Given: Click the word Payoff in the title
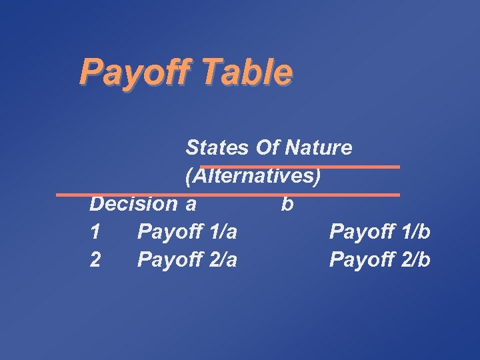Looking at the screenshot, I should click(127, 72).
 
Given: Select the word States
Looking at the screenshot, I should click(217, 147).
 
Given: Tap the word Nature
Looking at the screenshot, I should click(318, 147).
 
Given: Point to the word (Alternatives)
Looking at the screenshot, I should click(253, 176).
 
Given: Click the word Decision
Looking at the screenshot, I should click(133, 203).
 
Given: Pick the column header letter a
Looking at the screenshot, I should click(191, 204).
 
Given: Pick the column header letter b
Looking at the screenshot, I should click(287, 203).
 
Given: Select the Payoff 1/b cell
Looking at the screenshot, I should click(379, 232).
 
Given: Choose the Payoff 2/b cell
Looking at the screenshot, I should click(379, 259).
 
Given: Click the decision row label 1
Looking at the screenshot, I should click(95, 232).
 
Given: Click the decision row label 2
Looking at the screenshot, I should click(95, 259).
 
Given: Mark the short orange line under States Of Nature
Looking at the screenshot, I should click(300, 167).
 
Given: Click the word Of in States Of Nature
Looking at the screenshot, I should click(267, 147).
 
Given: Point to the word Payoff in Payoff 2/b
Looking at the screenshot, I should click(359, 259).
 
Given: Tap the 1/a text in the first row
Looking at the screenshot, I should click(223, 232).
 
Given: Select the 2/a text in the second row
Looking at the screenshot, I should click(223, 259).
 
